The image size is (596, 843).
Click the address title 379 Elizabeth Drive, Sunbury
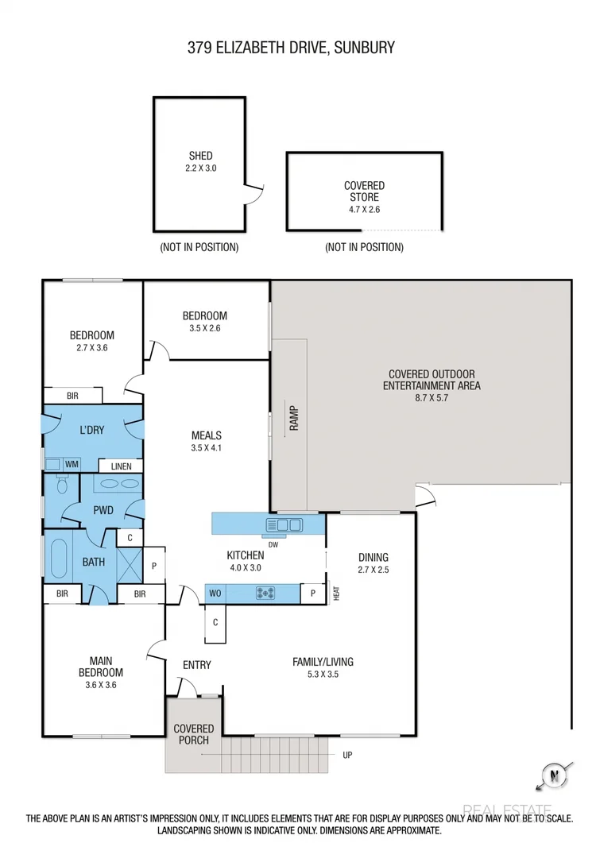[x=291, y=48]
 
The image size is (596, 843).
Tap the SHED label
[x=200, y=156]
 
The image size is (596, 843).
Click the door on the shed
[x=253, y=192]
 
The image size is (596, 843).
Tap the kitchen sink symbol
[x=285, y=524]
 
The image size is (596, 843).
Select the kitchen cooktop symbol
[x=265, y=593]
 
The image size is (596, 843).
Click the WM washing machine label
[x=72, y=464]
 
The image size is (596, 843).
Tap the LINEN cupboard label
[x=121, y=466]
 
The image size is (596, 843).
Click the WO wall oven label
[x=215, y=593]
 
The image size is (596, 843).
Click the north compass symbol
[x=549, y=775]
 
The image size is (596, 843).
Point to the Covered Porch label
[x=194, y=734]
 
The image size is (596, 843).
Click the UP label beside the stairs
[x=346, y=755]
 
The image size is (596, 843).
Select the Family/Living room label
[x=323, y=662]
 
